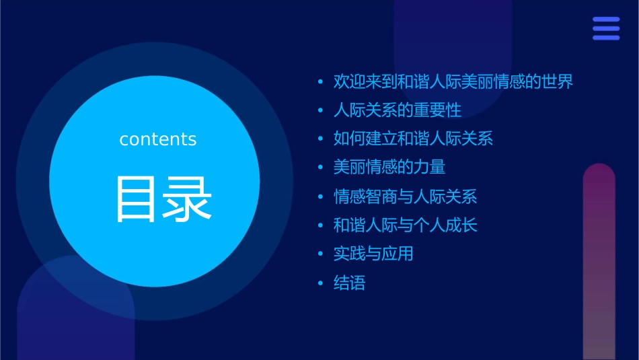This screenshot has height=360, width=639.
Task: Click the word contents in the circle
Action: [x=157, y=139]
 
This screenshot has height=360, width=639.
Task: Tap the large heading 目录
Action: [x=164, y=199]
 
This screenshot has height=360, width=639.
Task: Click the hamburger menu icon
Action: [x=605, y=28]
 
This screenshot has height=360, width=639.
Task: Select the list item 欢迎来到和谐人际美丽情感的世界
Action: [x=453, y=82]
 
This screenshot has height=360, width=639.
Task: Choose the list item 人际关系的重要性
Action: [x=397, y=110]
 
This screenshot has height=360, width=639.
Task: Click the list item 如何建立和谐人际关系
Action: [x=413, y=139]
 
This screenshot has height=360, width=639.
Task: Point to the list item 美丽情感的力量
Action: [x=389, y=167]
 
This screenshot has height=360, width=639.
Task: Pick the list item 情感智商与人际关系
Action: [x=405, y=196]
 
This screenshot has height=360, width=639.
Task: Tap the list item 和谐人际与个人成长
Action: [x=405, y=225]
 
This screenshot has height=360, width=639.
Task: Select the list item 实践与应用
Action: [x=373, y=254]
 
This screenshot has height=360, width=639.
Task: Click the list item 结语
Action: [x=349, y=283]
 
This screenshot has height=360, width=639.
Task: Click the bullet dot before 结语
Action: [x=321, y=283]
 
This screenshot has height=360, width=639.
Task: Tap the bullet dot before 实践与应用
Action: [x=321, y=254]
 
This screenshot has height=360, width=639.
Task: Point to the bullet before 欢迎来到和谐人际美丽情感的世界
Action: [x=321, y=83]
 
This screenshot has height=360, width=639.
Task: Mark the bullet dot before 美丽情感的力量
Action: [x=321, y=168]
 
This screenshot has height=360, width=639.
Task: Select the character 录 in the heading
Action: [x=190, y=199]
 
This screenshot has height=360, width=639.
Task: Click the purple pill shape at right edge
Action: [x=599, y=262]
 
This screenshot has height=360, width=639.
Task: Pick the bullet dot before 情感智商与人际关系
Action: [x=321, y=197]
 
